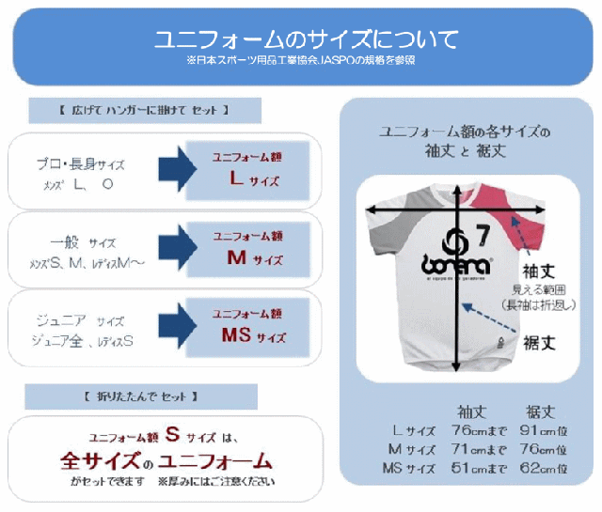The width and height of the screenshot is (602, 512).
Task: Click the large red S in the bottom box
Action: click(x=172, y=435)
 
